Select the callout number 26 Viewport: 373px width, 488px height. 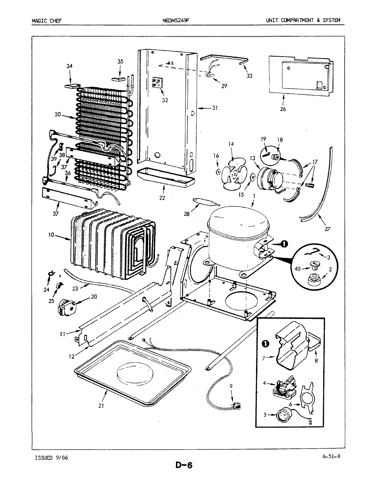pos(283,109)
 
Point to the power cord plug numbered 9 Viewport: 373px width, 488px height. pos(236,405)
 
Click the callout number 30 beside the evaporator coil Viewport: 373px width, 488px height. pos(57,115)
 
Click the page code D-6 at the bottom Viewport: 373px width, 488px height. pos(184,465)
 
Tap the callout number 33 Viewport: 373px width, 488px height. pos(249,76)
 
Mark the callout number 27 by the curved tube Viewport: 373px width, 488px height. pos(327,229)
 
